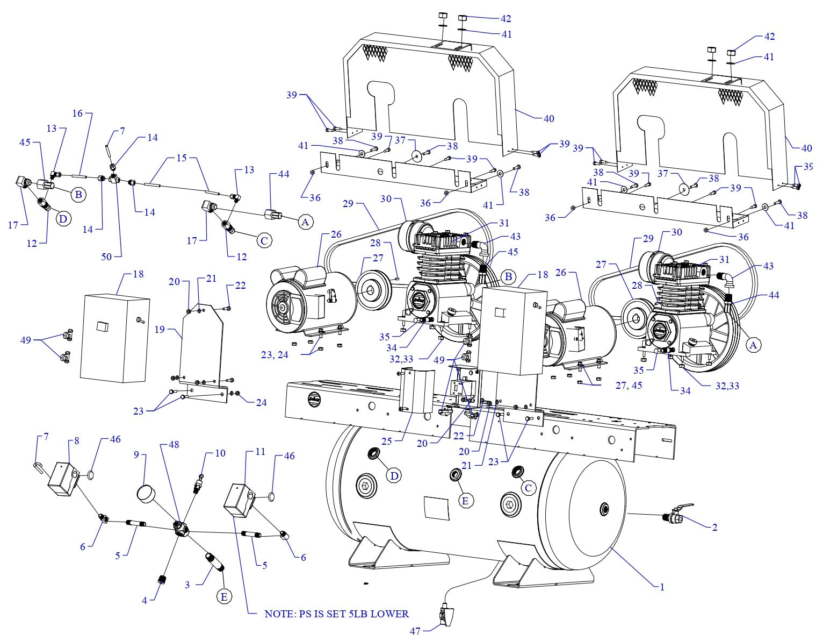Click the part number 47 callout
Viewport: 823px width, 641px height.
click(415, 631)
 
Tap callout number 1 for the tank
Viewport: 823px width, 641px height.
click(662, 587)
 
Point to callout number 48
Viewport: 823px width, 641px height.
click(173, 445)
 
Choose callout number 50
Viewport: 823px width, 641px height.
click(106, 257)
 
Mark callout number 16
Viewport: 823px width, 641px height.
click(78, 113)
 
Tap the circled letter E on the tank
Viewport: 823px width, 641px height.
click(465, 500)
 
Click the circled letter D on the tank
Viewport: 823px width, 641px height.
click(395, 475)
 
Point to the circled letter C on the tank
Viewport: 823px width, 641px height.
click(528, 488)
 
